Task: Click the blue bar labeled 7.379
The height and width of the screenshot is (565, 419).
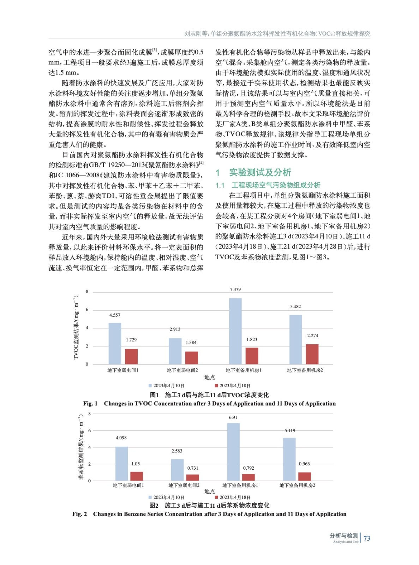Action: point(235,331)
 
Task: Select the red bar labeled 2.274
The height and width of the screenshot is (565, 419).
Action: point(312,354)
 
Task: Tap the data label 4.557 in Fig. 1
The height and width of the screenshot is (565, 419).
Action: point(115,315)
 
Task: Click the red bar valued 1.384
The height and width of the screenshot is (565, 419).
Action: point(191,358)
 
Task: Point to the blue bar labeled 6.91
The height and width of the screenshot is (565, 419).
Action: point(233,452)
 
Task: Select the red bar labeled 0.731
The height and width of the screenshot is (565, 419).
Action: point(193,477)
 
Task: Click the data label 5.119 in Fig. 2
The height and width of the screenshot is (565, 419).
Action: point(290,430)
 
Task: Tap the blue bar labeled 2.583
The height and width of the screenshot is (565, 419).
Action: point(177,470)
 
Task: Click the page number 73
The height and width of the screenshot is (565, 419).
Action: point(367,538)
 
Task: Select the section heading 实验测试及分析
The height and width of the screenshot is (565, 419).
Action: point(260,172)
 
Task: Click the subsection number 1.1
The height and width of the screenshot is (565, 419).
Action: point(220,185)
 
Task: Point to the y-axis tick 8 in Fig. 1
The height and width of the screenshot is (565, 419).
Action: point(87,292)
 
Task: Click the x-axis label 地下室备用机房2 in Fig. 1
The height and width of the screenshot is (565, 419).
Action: point(305,370)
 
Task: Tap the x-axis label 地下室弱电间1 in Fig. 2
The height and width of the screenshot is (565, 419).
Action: point(128,486)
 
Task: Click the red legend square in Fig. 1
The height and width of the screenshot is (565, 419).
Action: point(216,386)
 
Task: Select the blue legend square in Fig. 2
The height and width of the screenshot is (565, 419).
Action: point(150,497)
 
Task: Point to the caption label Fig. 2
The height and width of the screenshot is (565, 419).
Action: point(79,514)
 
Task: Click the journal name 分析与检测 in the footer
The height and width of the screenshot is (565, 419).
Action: point(344,536)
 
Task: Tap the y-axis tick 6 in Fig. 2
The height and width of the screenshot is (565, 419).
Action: point(89,430)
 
